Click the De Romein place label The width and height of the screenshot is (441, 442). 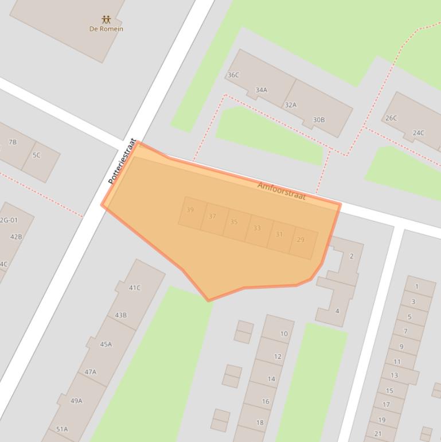point(106,29)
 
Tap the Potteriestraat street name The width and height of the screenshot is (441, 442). point(122,161)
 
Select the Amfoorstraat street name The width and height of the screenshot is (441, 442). point(281,191)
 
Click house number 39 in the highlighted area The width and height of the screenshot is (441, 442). point(190,210)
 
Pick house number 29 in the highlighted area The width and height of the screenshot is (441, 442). point(300,240)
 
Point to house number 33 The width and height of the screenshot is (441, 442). point(257,228)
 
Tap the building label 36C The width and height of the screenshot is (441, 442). point(233,75)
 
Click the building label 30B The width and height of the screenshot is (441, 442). point(318,120)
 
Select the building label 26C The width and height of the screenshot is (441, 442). point(391,118)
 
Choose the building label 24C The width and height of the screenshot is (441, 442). point(418,133)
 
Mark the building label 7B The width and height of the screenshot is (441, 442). point(12,142)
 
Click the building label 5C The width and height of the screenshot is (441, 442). point(36,155)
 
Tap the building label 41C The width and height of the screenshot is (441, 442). point(134,288)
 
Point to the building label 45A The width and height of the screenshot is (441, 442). point(106,344)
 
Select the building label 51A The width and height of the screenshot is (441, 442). point(62,429)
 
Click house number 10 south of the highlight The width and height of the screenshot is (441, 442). point(283,334)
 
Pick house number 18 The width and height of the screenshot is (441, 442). point(260,422)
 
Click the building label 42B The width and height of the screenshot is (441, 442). point(16,236)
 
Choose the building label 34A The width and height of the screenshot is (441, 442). point(261,90)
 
